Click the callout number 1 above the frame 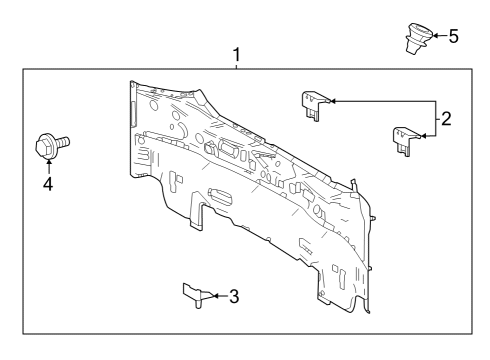click(237, 54)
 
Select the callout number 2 click(446, 117)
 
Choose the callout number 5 click(453, 36)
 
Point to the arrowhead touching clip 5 click(432, 36)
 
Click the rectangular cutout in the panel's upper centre click(225, 150)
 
